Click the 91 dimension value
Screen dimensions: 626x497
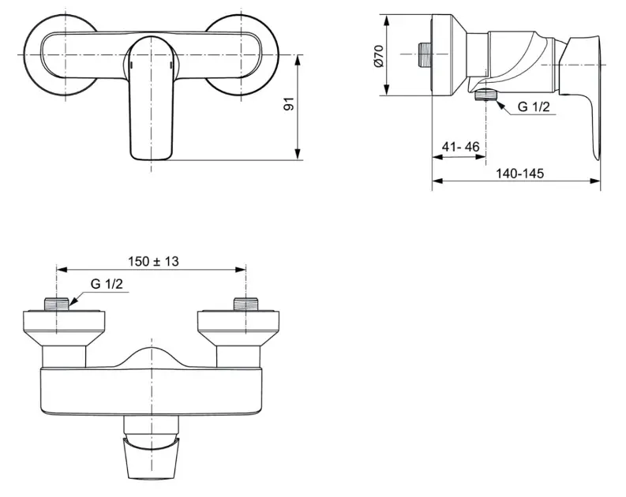[289, 103]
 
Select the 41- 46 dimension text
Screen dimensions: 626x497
[460, 147]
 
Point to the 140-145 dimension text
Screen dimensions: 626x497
[519, 173]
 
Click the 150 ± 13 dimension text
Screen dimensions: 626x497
[153, 262]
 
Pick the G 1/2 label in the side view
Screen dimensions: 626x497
[534, 107]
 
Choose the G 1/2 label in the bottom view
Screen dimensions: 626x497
[107, 284]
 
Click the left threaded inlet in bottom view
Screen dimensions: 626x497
[57, 304]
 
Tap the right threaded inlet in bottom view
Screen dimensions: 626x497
[246, 304]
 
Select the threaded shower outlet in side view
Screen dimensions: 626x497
[485, 95]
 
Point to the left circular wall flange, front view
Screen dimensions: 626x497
[60, 54]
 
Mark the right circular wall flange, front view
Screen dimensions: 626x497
[242, 54]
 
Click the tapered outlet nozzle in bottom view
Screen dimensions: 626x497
[151, 458]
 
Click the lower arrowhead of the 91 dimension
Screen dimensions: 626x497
[297, 155]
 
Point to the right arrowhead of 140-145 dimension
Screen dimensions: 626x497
[595, 181]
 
